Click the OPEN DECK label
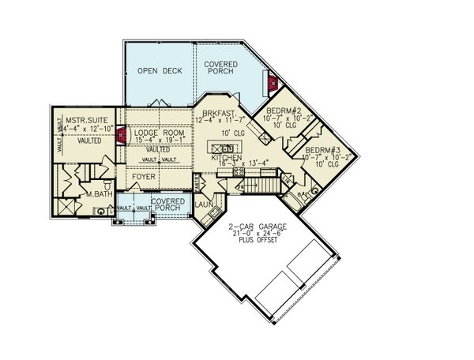pyautogui.click(x=160, y=71)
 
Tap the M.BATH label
pyautogui.click(x=97, y=194)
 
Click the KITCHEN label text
pyautogui.click(x=227, y=159)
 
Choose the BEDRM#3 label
pyautogui.click(x=323, y=150)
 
